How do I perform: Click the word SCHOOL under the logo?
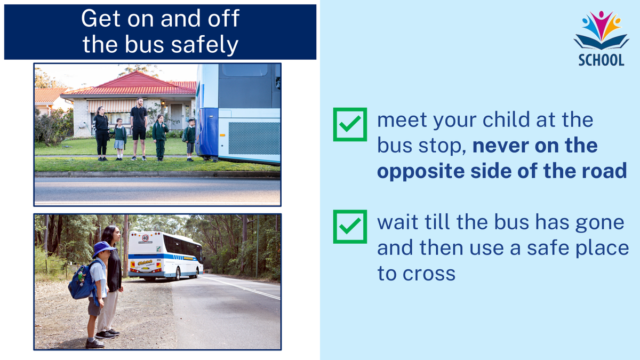coord(601,60)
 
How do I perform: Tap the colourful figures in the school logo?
coord(601,25)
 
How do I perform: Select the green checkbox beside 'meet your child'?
coord(350,124)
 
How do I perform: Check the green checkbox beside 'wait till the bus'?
coord(350,227)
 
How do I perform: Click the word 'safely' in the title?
coord(205,45)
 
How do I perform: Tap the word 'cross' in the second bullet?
coord(429,274)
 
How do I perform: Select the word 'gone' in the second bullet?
coord(599,223)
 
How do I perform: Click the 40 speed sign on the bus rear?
coord(146,238)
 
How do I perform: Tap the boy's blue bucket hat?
coord(103,249)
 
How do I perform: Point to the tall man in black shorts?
coord(139,129)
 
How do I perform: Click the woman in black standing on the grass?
coord(101,133)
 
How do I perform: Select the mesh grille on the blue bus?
coord(254,138)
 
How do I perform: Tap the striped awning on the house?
coord(112,106)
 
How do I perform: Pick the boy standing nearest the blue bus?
coord(190,140)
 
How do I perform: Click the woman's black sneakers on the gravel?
coord(108,334)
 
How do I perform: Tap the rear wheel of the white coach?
coord(178,274)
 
